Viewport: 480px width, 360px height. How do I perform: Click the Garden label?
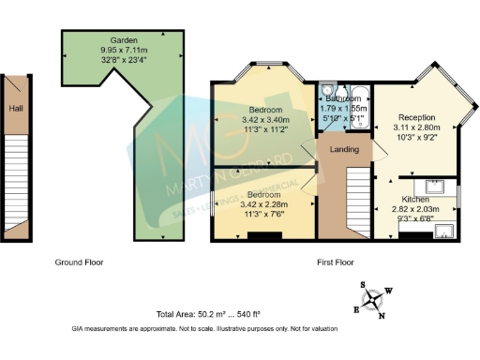pos(125,41)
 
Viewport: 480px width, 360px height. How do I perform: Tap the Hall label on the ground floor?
pos(15,109)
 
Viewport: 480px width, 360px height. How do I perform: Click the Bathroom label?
pos(344,97)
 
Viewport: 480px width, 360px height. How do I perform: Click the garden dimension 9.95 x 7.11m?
pos(125,51)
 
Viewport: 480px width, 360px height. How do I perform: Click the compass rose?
pos(374,299)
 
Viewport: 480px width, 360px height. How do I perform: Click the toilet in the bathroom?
pos(324,92)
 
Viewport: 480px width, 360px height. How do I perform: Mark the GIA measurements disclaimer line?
pos(204,329)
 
